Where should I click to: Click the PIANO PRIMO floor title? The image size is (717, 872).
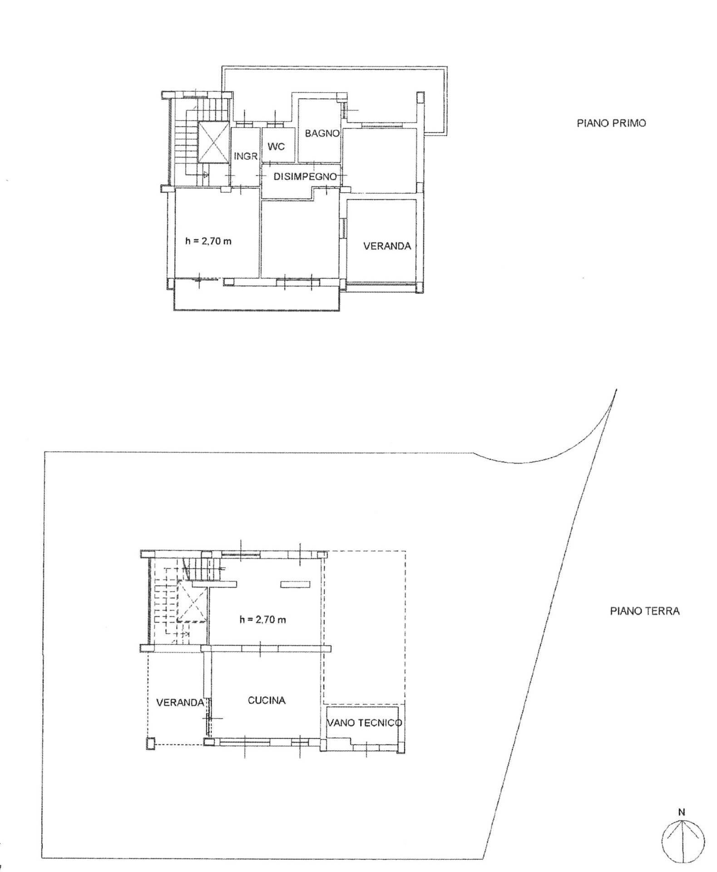611,123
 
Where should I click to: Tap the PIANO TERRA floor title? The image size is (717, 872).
644,611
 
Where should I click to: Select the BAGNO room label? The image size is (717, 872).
322,134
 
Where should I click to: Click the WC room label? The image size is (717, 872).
276,147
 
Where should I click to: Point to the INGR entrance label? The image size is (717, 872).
246,156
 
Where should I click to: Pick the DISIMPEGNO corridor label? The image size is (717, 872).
305,177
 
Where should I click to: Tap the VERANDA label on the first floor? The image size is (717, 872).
387,246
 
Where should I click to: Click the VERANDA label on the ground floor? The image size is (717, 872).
180,703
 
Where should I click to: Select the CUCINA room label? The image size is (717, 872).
267,700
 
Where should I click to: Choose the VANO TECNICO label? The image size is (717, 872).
365,723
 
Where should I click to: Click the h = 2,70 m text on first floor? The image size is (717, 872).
208,241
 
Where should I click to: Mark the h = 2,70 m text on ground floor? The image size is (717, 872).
262,619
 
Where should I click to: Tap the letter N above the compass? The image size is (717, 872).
682,813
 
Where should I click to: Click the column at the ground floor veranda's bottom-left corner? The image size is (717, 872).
150,743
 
